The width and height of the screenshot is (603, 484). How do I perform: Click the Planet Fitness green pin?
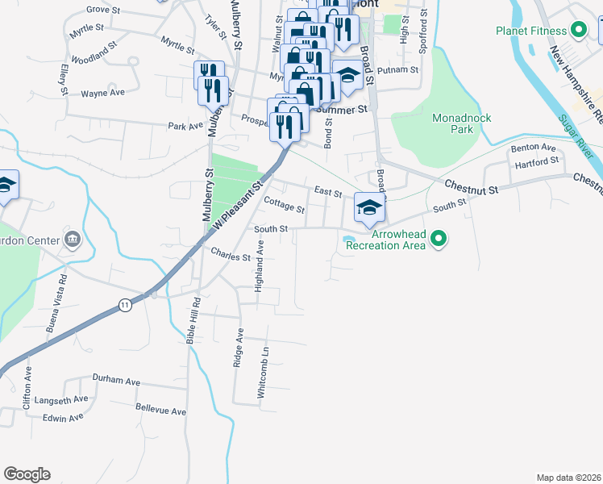578,31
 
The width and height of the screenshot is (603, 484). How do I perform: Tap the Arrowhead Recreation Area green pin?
439,238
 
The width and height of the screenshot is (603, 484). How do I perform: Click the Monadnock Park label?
462,123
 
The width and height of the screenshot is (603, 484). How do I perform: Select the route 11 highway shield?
124,305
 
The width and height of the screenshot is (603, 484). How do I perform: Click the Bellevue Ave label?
160,411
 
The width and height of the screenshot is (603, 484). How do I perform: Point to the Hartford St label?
539,161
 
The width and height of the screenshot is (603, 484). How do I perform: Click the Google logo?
27,474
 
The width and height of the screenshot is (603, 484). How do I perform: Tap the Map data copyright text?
568,478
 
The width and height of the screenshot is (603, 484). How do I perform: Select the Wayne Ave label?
102,93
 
